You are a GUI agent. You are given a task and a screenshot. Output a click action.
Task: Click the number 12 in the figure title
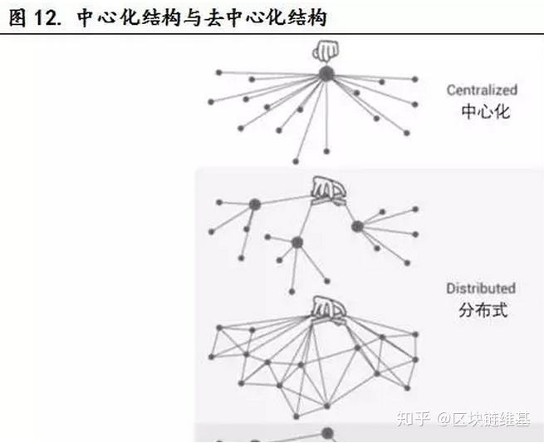tap(46, 17)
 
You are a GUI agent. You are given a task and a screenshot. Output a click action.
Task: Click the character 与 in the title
tap(198, 17)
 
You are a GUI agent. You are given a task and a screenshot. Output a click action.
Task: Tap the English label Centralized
tap(482, 90)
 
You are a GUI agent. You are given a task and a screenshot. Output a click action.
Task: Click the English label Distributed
tap(481, 288)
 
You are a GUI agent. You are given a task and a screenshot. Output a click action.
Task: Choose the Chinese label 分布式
tap(483, 311)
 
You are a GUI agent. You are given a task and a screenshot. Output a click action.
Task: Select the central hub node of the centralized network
tap(326, 73)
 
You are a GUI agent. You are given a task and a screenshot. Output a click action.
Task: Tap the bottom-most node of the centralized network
tap(296, 160)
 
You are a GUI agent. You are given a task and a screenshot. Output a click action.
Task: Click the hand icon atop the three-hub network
tap(328, 190)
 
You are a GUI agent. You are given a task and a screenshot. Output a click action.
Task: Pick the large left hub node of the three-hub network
tap(254, 204)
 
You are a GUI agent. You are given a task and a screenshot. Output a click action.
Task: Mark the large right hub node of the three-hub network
tap(357, 225)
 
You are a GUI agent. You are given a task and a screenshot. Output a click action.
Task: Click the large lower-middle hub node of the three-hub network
tap(297, 242)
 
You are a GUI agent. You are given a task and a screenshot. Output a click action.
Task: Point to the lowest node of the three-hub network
tap(292, 291)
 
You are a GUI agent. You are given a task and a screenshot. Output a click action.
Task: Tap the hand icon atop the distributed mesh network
tap(328, 308)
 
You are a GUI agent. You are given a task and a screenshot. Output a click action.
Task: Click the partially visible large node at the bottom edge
tap(327, 434)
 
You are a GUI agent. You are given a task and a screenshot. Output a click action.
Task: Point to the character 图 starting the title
tap(17, 17)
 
